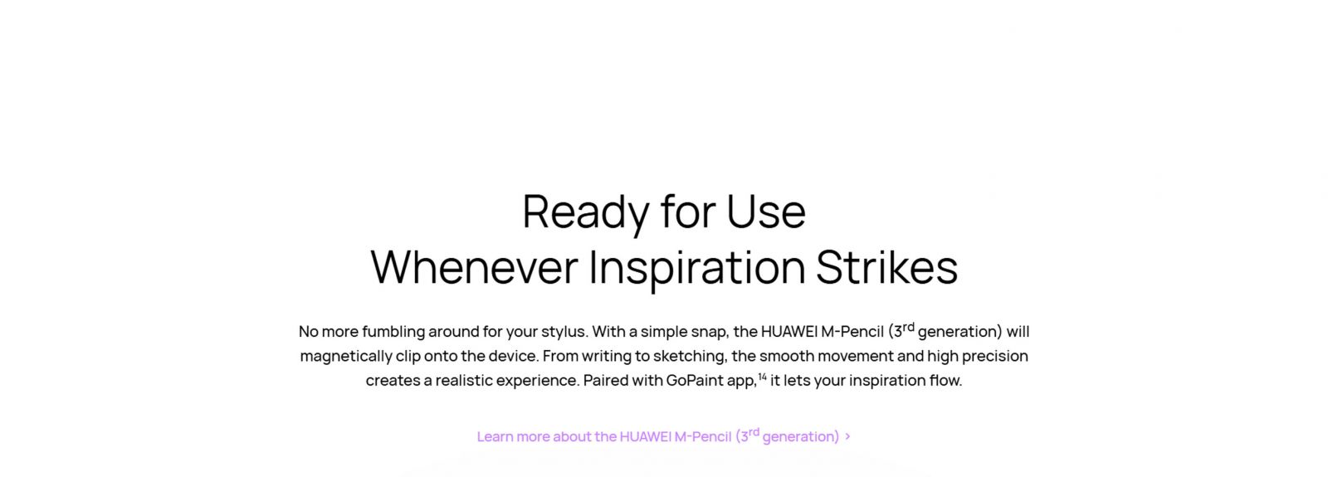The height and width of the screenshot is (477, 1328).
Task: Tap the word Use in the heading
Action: (766, 212)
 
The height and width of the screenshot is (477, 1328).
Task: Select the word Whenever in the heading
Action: (474, 267)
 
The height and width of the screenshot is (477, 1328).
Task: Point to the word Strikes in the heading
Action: (886, 267)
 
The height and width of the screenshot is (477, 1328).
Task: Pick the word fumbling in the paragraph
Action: (393, 332)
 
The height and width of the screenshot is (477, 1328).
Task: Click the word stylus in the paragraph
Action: (564, 332)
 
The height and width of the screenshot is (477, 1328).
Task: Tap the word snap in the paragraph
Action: (711, 333)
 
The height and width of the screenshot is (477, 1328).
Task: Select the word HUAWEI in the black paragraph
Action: (788, 331)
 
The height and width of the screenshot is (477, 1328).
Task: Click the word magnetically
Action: (345, 356)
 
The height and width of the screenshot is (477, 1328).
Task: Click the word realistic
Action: (464, 381)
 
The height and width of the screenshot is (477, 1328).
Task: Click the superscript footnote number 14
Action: (763, 376)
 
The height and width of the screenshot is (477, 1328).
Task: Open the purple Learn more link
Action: (658, 436)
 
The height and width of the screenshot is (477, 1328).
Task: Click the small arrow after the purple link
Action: (847, 436)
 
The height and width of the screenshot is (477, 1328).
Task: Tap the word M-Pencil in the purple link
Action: (702, 436)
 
